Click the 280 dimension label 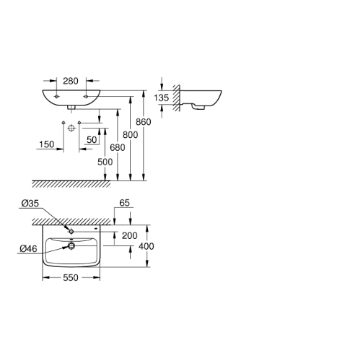[x=71, y=81]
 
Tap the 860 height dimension [x=144, y=122]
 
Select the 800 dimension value [x=131, y=135]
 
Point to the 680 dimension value [x=118, y=147]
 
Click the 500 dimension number [x=105, y=162]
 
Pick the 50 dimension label [x=92, y=139]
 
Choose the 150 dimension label [x=47, y=144]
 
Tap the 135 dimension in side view [x=162, y=97]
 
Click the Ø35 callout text [x=30, y=204]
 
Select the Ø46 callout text [x=28, y=248]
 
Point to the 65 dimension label [x=125, y=203]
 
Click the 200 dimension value [x=130, y=235]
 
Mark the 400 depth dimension [x=146, y=246]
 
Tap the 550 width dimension [x=71, y=278]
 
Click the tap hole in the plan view [x=71, y=232]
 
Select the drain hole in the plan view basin [x=71, y=245]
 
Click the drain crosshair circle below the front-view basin [x=71, y=128]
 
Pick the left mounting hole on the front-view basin [x=56, y=97]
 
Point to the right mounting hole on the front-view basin [x=86, y=97]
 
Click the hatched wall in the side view [x=177, y=98]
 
